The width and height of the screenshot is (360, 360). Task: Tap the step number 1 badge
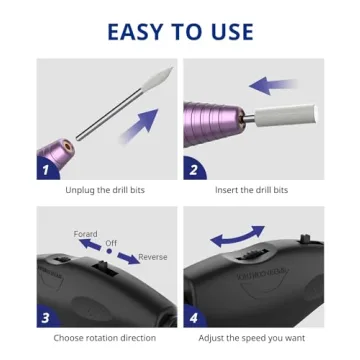click(x=44, y=170)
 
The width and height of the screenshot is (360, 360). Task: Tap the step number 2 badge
click(x=191, y=170)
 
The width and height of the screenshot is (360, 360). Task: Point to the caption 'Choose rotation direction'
click(x=104, y=338)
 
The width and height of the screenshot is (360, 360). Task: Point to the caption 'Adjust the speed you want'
click(x=252, y=338)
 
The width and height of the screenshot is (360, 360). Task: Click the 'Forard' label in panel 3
click(x=86, y=234)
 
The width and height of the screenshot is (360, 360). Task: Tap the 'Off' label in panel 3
click(x=112, y=242)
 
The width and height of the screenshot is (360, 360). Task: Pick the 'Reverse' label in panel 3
click(x=153, y=257)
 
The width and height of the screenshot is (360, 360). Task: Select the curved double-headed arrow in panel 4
click(x=237, y=237)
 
